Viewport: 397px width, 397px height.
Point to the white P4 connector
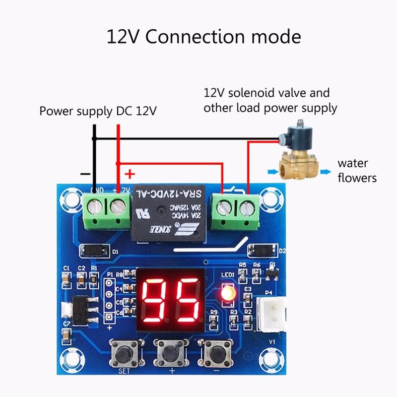click(269, 315)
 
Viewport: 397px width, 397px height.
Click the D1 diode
click(94, 251)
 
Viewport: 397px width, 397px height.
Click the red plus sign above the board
click(130, 174)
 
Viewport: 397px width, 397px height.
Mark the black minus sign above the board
click(85, 174)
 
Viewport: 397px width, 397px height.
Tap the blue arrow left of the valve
click(270, 172)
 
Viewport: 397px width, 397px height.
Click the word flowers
click(357, 178)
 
